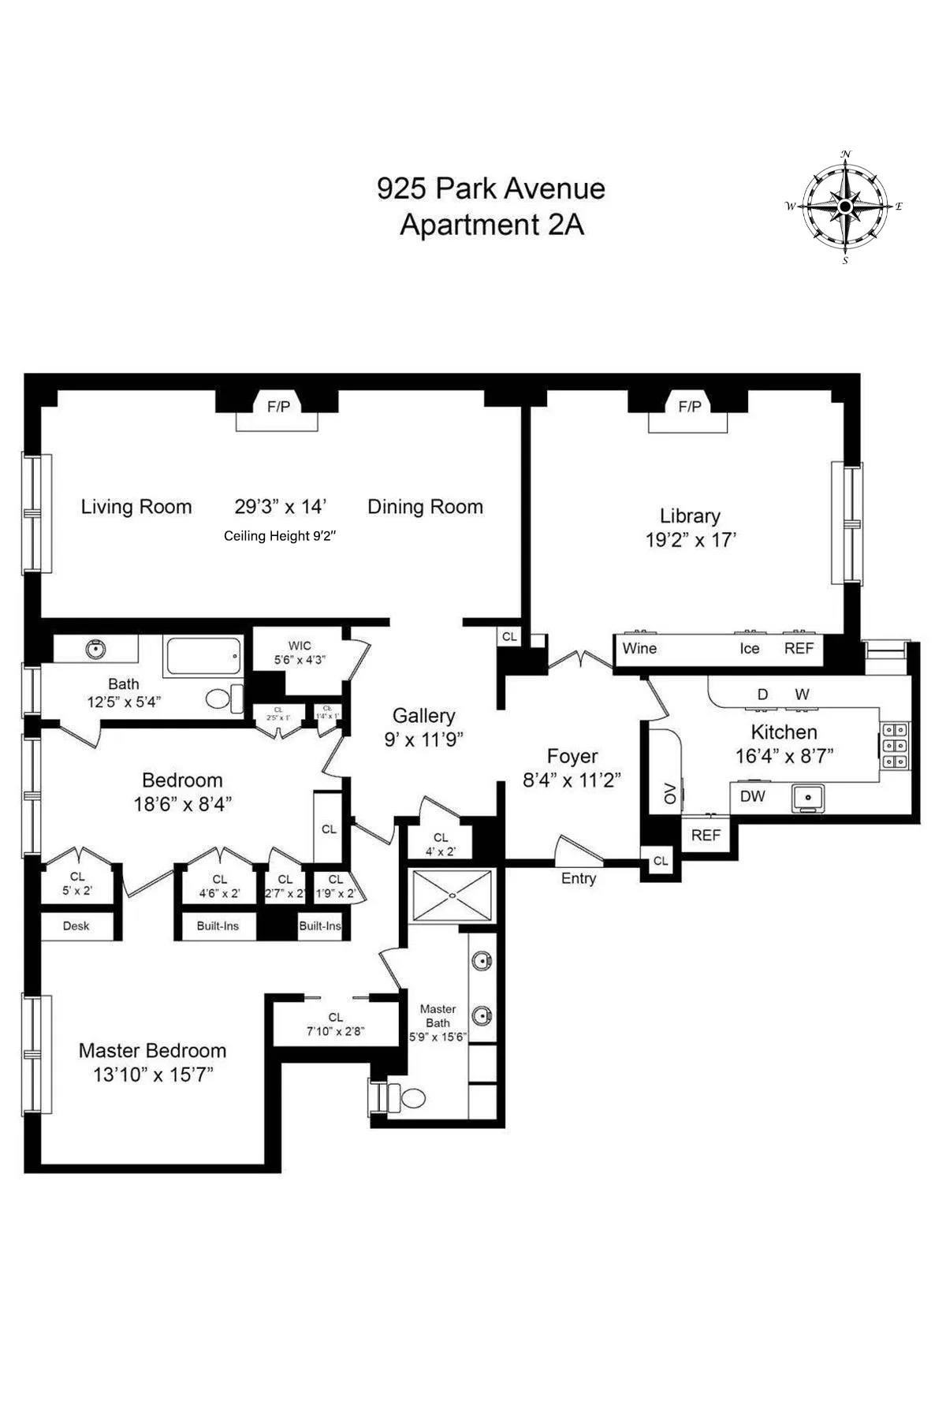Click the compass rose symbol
point(845,207)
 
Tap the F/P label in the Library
point(690,407)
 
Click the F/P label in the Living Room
point(278,407)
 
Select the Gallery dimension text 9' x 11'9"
point(423,739)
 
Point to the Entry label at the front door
point(579,878)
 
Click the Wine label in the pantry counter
point(639,648)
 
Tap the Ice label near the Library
point(750,648)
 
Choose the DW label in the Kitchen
point(752,796)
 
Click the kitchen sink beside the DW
point(808,797)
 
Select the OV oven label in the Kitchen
point(671,794)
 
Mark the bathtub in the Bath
point(203,657)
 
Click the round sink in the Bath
point(96,650)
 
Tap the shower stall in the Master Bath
point(453,895)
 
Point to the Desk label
point(76,926)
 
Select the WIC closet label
point(300,646)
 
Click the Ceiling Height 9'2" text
point(280,536)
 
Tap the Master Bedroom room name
point(152,1050)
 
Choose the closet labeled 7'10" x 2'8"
point(335,1024)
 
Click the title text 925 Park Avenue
point(490,188)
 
